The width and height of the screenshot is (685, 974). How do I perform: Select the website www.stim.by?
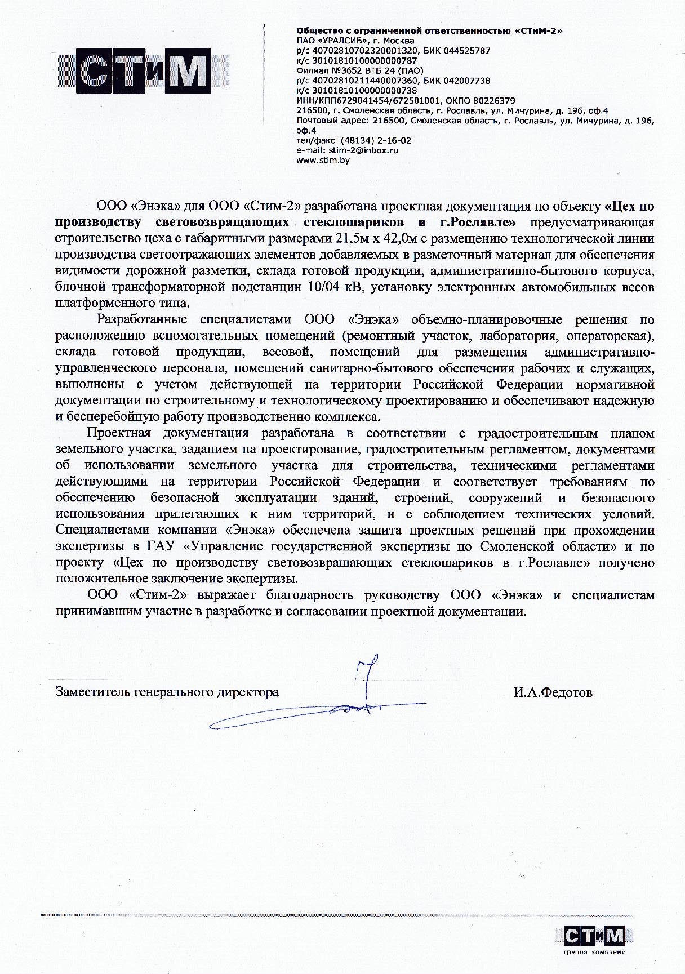323,161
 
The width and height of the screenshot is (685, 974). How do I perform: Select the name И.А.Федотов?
552,692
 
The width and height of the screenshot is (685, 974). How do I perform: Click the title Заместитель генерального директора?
167,692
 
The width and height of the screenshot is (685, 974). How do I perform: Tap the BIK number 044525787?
465,51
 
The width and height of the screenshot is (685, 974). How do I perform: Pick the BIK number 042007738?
465,81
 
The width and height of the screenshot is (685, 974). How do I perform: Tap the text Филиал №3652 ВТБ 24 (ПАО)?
359,70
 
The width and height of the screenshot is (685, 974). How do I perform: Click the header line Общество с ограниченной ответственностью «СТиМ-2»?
429,30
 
